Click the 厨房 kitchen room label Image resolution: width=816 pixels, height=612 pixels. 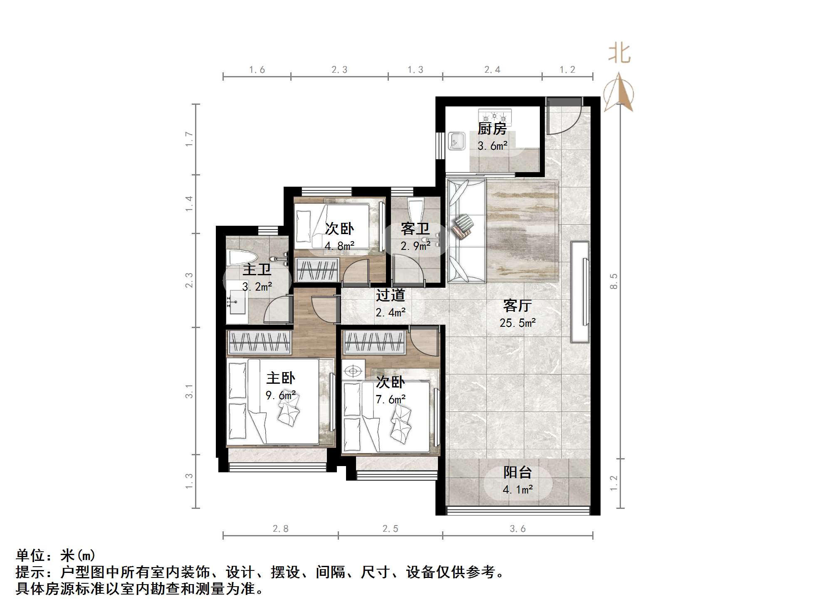tap(492, 129)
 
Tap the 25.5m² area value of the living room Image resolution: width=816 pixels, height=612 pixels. tap(517, 323)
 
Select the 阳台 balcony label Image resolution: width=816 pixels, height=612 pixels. tap(517, 472)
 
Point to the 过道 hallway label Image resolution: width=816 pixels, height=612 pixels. tap(390, 295)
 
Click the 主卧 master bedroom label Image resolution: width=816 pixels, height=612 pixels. tap(281, 378)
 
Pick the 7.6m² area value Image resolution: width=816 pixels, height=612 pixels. tap(391, 400)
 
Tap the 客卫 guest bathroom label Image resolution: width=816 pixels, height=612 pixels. tap(415, 229)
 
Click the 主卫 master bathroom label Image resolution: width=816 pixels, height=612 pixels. tap(257, 269)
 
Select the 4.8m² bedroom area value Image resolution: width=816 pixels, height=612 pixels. tap(339, 246)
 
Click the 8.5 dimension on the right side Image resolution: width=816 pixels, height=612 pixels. tap(614, 281)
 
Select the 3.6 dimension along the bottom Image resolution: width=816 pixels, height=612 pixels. tap(518, 529)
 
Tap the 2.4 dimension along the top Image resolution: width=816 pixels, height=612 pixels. tap(492, 70)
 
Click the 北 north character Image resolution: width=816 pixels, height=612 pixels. tap(619, 54)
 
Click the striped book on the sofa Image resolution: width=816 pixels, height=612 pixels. tap(463, 227)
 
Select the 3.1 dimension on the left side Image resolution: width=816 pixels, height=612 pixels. tap(189, 391)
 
